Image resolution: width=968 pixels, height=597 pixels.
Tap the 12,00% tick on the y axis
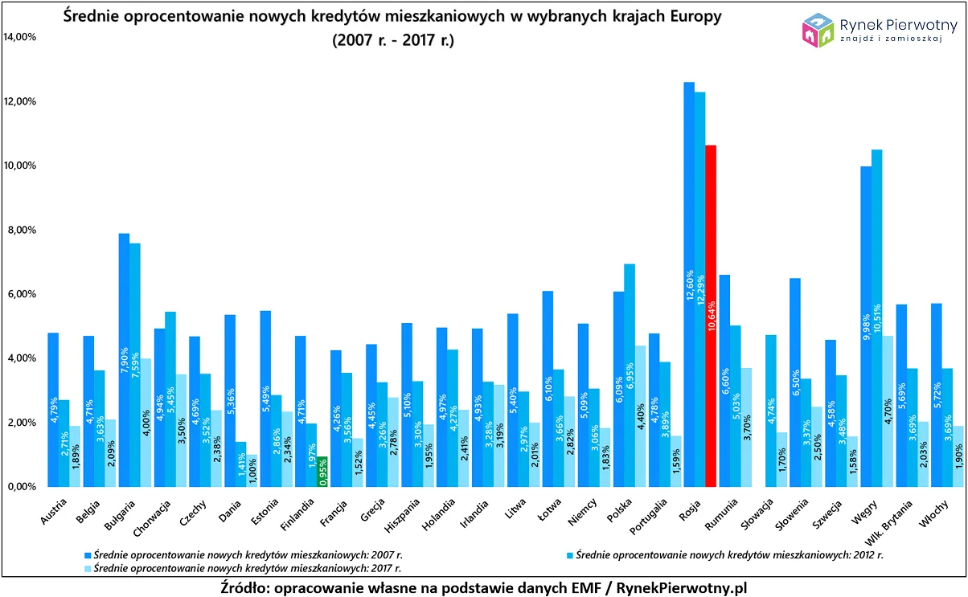click(x=20, y=102)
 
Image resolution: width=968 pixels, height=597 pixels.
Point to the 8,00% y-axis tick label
click(x=22, y=231)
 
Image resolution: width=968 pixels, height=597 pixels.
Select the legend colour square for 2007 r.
click(x=88, y=554)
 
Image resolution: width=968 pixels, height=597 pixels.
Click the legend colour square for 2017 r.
click(x=88, y=566)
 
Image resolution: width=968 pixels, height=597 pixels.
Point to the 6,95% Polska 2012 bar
click(x=630, y=374)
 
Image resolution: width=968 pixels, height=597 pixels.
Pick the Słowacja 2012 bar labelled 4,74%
click(x=771, y=410)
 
